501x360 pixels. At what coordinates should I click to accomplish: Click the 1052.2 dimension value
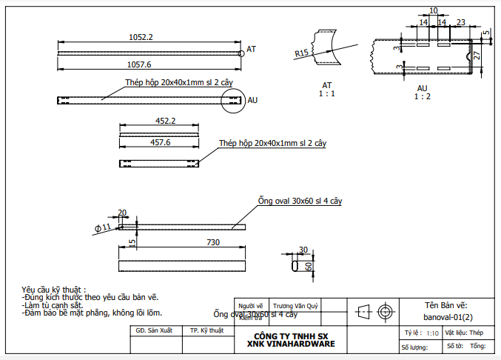click(141, 37)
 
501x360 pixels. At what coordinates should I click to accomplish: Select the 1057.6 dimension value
click(139, 65)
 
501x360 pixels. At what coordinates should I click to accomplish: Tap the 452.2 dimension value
click(165, 121)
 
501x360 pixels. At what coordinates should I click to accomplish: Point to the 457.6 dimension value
click(161, 142)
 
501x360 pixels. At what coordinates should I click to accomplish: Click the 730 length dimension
click(214, 242)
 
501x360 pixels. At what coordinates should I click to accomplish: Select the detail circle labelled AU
click(232, 100)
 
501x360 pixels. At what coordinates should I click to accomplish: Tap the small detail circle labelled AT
click(241, 53)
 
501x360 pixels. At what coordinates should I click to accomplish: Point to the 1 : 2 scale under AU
click(423, 96)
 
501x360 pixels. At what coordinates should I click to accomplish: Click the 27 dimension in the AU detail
click(477, 56)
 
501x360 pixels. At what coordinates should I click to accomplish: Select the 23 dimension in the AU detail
click(460, 23)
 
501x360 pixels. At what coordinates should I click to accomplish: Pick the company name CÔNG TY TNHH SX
click(291, 336)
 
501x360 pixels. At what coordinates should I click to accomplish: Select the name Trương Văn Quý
click(295, 305)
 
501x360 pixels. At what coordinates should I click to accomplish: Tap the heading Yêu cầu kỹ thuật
click(54, 289)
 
